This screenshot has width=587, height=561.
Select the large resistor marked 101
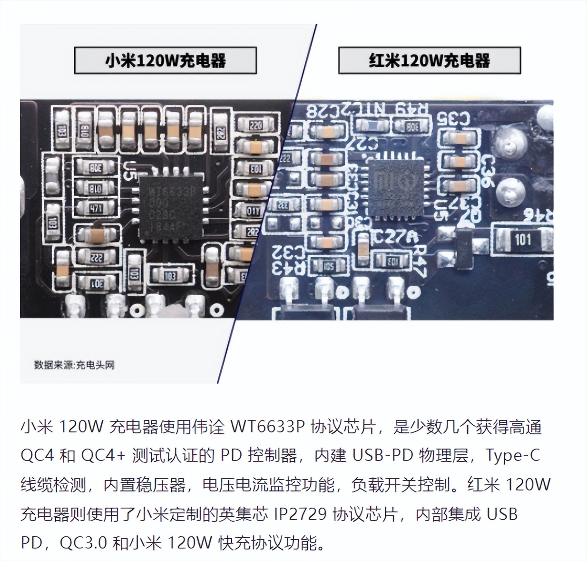point(522,239)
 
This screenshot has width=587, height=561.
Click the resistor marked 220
point(255,125)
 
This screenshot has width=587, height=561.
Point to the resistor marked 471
point(96,208)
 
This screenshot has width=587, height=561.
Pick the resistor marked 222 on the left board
point(97,258)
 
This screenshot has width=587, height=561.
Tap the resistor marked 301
point(97,284)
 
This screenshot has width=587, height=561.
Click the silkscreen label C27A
point(396,236)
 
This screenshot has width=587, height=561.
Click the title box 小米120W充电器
point(165,60)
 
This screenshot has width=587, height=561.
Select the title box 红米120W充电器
point(429,60)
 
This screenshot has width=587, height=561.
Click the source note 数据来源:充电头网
point(74,365)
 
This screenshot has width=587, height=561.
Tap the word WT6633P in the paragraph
point(267,427)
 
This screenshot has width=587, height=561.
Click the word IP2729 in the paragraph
point(300,514)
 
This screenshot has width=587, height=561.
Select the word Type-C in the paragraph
point(513,456)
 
